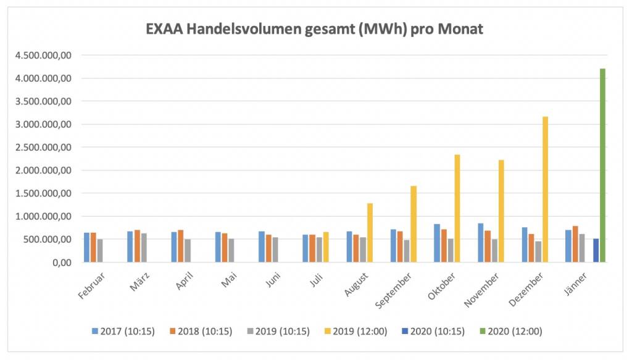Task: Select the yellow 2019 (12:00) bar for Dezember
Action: [x=545, y=189]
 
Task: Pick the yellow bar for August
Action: [x=370, y=233]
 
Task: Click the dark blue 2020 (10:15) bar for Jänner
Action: [x=596, y=251]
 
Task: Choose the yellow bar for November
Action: [x=501, y=211]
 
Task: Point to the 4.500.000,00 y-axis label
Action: [x=41, y=56]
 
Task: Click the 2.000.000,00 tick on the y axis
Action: [x=41, y=170]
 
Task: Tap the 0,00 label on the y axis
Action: [x=62, y=262]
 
